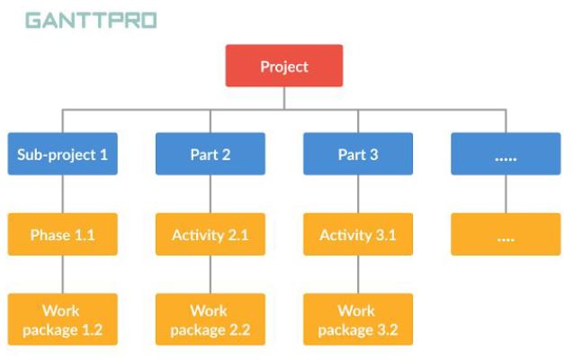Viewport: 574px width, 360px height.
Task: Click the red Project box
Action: pos(283,66)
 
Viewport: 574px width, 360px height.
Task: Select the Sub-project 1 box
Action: pos(62,154)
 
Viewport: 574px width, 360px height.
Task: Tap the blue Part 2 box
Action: pos(210,154)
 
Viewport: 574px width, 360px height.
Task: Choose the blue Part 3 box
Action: pos(357,154)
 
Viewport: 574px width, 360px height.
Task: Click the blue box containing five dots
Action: pos(506,154)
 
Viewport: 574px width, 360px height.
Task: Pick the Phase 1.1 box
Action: pos(62,235)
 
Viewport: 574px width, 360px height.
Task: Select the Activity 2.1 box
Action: pos(210,235)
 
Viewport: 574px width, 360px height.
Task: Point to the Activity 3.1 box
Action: pos(357,235)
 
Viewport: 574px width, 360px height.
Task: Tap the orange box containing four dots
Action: pos(506,235)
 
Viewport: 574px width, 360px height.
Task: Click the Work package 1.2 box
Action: pos(62,319)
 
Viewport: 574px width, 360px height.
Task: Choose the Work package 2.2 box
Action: pos(210,319)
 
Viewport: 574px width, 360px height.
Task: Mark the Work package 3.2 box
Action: pos(357,319)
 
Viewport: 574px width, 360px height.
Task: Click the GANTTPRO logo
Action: pos(90,20)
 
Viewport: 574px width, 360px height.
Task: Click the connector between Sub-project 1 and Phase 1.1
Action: pos(62,193)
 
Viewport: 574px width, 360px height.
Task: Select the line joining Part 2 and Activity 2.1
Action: pos(210,193)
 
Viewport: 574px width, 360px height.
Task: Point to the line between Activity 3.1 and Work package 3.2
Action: pos(357,274)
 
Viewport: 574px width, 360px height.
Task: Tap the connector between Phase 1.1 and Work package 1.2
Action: pos(62,274)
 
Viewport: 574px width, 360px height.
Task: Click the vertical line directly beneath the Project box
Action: pos(283,98)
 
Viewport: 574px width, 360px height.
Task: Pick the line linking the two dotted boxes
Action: pos(506,193)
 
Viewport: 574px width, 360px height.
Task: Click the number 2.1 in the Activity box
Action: pos(238,235)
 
